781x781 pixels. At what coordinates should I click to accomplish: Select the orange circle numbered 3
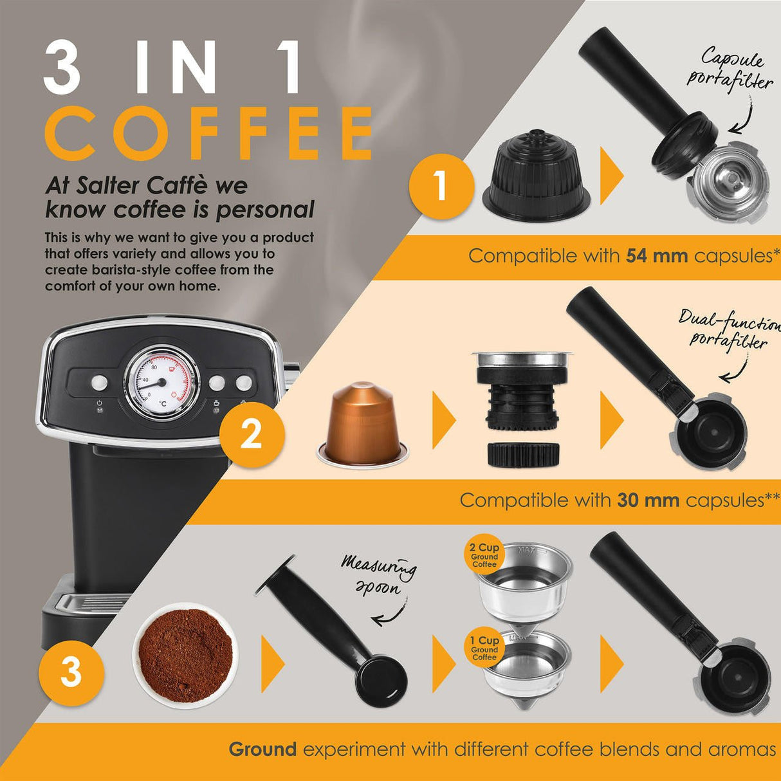(71, 673)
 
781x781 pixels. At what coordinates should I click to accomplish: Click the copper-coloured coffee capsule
(362, 423)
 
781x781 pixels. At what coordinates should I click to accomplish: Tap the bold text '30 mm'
(648, 501)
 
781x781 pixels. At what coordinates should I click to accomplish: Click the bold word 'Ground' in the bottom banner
(262, 749)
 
